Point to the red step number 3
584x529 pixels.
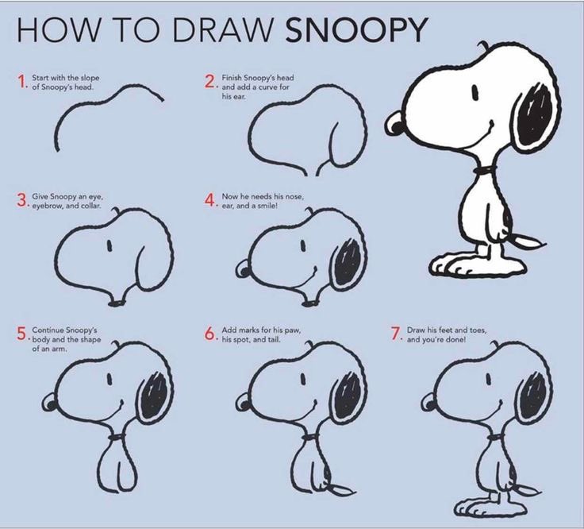pyautogui.click(x=21, y=199)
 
